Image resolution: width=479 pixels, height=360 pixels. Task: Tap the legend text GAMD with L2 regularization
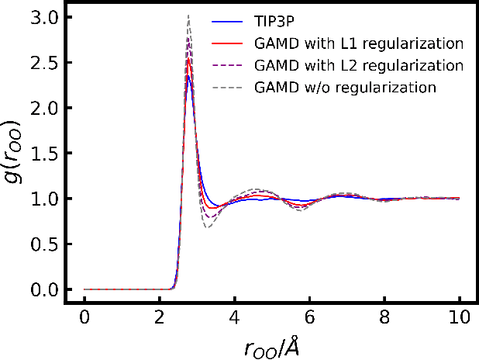[x=358, y=64]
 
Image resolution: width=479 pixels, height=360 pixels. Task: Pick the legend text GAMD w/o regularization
[x=344, y=87]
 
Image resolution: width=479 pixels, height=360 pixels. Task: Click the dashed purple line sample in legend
[x=228, y=64]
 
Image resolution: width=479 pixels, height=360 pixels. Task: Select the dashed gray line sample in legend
[x=228, y=87]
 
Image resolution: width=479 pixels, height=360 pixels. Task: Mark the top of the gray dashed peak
[x=188, y=15]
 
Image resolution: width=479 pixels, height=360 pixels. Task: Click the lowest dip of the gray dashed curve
[x=208, y=227]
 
